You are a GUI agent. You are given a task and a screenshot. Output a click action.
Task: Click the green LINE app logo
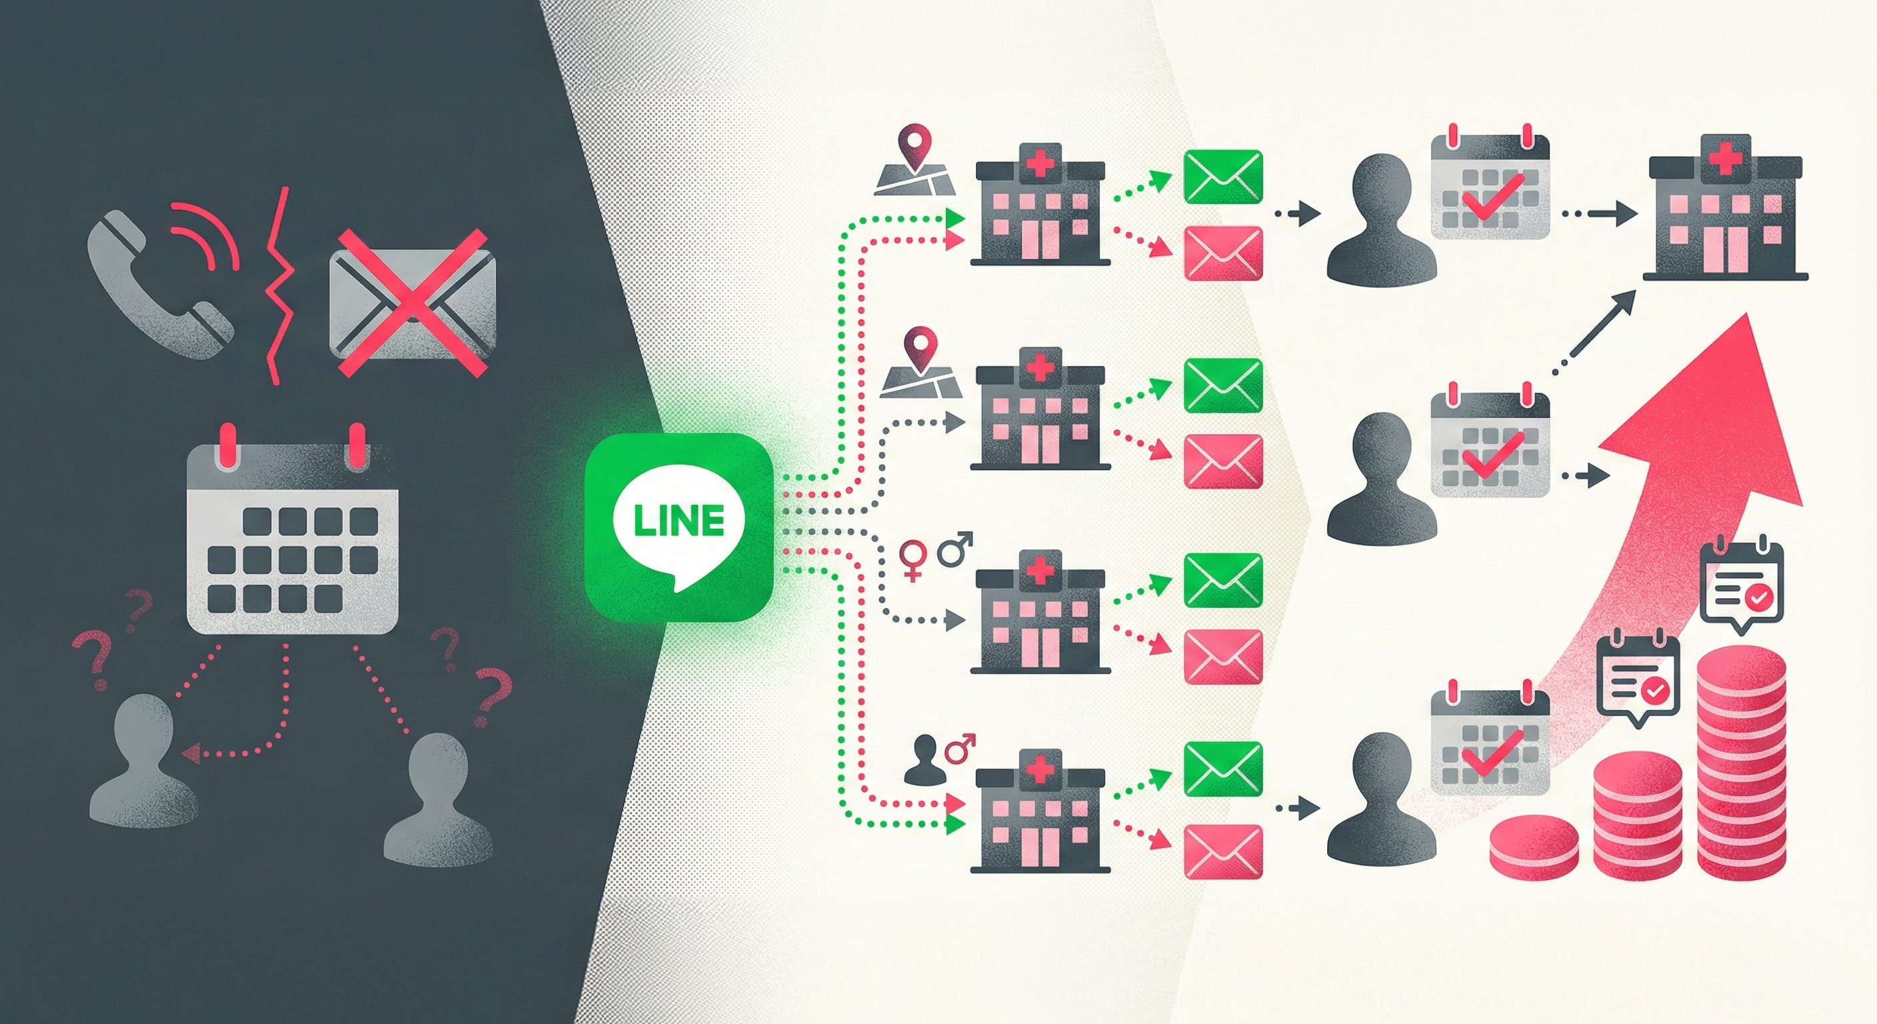pos(679,526)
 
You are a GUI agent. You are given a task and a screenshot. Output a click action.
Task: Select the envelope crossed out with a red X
pos(412,303)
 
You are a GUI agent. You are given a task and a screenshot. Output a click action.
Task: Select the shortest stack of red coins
pos(1534,845)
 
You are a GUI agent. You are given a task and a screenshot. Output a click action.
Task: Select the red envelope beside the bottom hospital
pos(1222,851)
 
